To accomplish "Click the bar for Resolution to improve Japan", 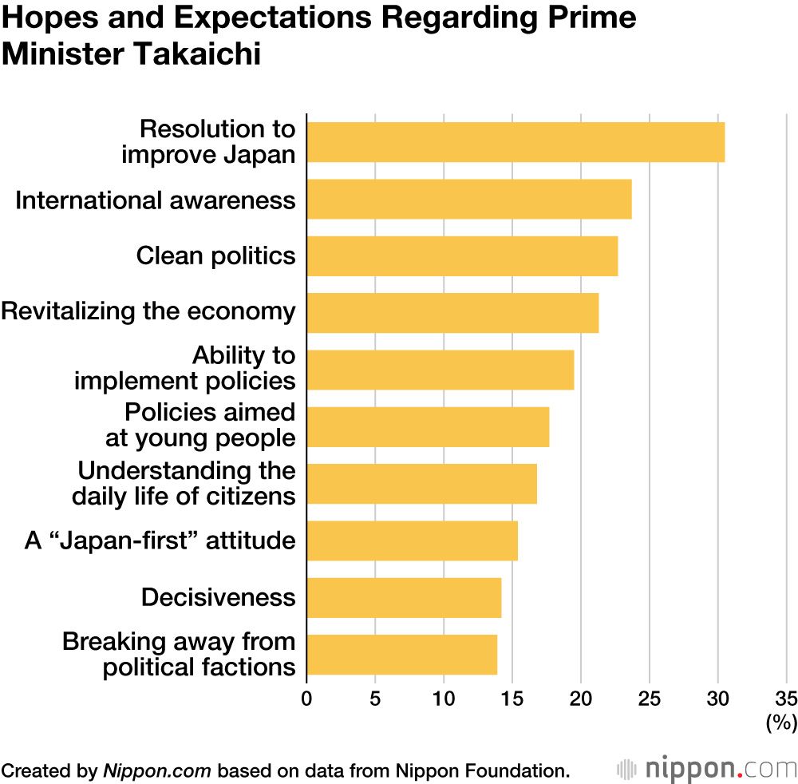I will [516, 142].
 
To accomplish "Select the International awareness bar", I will [469, 199].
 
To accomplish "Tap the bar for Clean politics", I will [462, 256].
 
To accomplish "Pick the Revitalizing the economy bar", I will [452, 313].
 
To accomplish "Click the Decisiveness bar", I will [404, 598].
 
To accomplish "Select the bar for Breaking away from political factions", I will [402, 655].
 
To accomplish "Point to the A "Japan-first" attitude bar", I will [412, 540].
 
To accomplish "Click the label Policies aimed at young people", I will [200, 426].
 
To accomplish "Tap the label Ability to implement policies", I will [184, 368].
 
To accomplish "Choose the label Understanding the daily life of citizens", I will [184, 483].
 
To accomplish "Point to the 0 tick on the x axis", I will [306, 698].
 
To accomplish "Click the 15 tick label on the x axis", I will [512, 698].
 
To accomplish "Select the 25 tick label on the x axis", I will [649, 698].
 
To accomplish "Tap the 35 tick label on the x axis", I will [786, 698].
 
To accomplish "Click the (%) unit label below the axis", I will [781, 723].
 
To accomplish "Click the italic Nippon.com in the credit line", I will [157, 770].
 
